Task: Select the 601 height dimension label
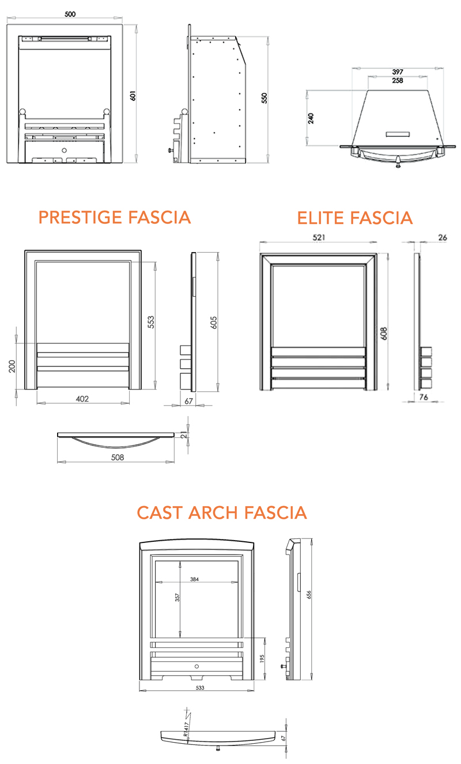(x=133, y=95)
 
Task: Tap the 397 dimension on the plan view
(x=397, y=72)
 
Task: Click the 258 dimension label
(x=397, y=80)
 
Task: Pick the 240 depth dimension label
(x=311, y=118)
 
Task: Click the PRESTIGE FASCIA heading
(x=114, y=218)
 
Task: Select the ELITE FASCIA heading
(x=355, y=218)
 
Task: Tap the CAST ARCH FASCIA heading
(x=222, y=512)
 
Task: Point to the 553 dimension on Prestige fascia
(x=151, y=322)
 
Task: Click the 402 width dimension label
(x=84, y=399)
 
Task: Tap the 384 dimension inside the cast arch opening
(x=195, y=579)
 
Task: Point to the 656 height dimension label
(x=309, y=595)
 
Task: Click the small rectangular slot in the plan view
(x=397, y=134)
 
